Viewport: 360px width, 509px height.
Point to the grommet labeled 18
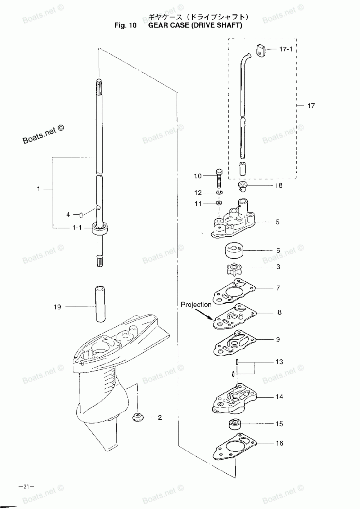tap(243, 186)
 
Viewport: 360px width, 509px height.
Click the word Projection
tap(196, 305)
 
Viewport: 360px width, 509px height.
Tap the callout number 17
tap(311, 106)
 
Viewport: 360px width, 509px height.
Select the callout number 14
tap(279, 397)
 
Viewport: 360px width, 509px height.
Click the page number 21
tap(26, 487)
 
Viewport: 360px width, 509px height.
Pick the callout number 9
tap(278, 339)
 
